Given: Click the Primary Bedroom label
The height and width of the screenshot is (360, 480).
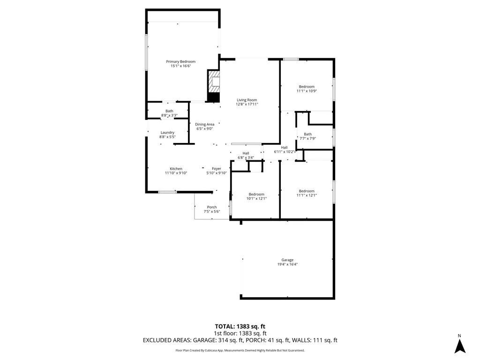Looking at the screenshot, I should click(x=180, y=61).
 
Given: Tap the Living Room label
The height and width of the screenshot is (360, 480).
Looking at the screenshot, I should click(x=247, y=100).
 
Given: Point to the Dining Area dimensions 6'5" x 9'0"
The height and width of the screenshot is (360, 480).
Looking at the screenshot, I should click(x=204, y=129).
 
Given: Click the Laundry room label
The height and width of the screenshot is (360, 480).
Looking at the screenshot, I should click(x=167, y=133).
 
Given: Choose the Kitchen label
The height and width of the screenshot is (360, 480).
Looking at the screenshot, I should click(x=176, y=169).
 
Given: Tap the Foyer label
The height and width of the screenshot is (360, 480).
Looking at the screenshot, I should click(x=216, y=169).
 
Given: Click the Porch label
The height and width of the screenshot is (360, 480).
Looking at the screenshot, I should click(x=212, y=207).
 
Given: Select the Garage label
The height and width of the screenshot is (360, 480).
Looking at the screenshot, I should click(x=287, y=260).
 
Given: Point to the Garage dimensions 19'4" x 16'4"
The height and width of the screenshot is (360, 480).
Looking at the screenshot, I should click(x=287, y=265).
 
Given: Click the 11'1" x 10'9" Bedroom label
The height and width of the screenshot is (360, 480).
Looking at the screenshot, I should click(x=307, y=87).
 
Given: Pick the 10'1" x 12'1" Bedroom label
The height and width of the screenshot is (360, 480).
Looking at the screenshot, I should click(x=256, y=195).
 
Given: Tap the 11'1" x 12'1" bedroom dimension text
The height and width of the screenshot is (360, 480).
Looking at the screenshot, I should click(x=307, y=195).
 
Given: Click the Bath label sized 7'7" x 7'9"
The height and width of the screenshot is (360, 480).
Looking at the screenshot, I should click(x=307, y=134).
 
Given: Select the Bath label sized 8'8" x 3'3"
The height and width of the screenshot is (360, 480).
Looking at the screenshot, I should click(x=169, y=111).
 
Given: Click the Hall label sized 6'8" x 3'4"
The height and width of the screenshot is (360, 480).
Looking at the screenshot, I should click(x=246, y=153).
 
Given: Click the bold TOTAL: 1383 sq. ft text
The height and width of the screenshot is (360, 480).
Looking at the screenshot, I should click(x=240, y=326).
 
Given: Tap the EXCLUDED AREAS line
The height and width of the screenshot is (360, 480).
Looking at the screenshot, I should click(x=240, y=340).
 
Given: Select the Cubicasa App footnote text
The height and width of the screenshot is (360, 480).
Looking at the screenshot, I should click(x=240, y=350).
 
